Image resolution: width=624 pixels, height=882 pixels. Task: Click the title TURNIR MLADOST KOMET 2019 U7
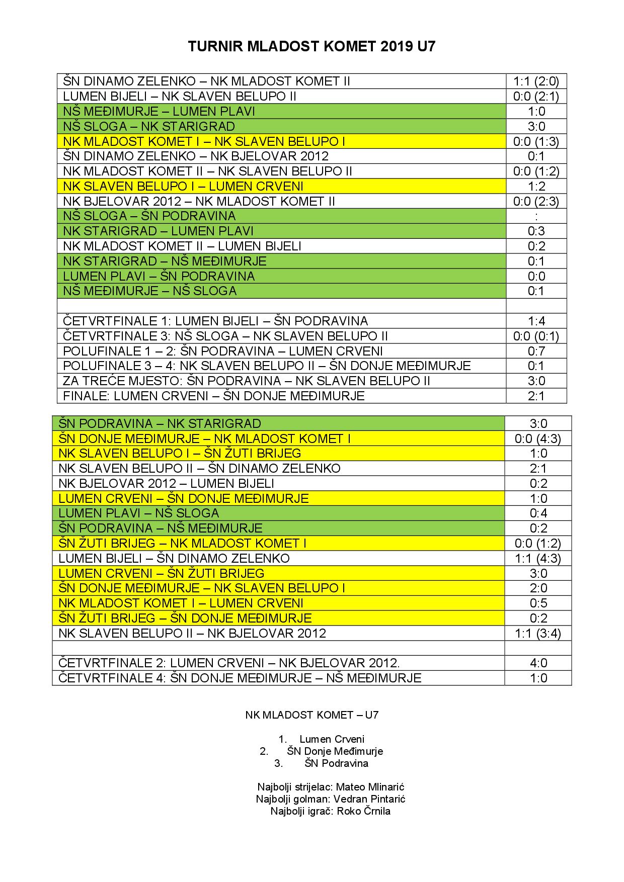click(311, 47)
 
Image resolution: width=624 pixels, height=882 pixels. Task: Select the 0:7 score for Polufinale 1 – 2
click(536, 351)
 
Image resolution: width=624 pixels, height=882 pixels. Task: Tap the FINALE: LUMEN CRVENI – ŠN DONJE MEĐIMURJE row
click(214, 396)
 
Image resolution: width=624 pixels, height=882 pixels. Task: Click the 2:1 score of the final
click(536, 396)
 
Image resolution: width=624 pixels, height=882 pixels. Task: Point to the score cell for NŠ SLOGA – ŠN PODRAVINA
click(536, 216)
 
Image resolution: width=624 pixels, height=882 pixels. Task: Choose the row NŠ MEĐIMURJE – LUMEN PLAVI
click(159, 112)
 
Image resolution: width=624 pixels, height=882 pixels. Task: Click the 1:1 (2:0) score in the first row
click(536, 81)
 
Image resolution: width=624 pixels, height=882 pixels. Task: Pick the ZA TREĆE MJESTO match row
click(247, 381)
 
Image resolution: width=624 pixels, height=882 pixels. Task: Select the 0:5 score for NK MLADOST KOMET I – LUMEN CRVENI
click(538, 603)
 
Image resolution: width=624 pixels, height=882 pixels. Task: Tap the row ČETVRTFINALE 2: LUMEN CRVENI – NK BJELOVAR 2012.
click(229, 663)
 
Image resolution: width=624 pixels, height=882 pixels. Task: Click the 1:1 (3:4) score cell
click(538, 633)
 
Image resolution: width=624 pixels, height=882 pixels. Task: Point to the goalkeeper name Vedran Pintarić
click(369, 799)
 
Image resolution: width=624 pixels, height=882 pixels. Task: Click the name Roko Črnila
click(363, 811)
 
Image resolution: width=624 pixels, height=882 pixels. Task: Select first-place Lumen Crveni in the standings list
click(332, 739)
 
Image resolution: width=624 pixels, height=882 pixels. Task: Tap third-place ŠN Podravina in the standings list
click(336, 763)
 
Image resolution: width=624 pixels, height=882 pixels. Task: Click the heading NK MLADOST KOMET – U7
click(311, 715)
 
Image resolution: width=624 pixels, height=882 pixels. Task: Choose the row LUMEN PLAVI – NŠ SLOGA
click(139, 513)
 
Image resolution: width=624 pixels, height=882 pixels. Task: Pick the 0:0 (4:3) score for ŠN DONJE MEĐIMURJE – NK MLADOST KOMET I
click(538, 438)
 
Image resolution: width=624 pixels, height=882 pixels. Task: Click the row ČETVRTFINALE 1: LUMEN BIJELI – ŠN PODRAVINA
click(215, 321)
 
